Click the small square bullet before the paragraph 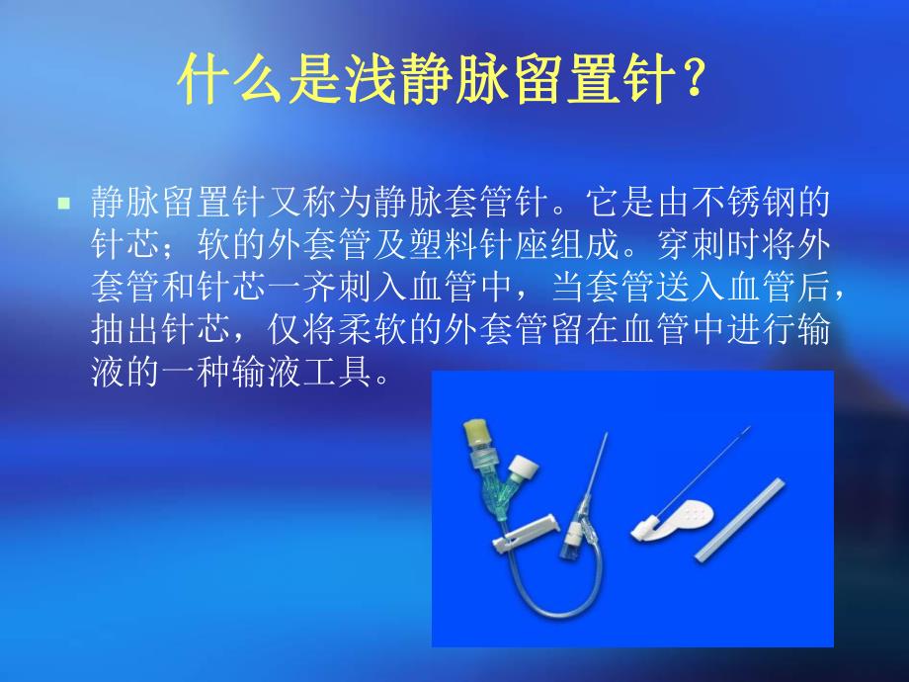coord(64,204)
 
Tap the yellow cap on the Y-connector coord(478,431)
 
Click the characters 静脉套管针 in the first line coord(458,205)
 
